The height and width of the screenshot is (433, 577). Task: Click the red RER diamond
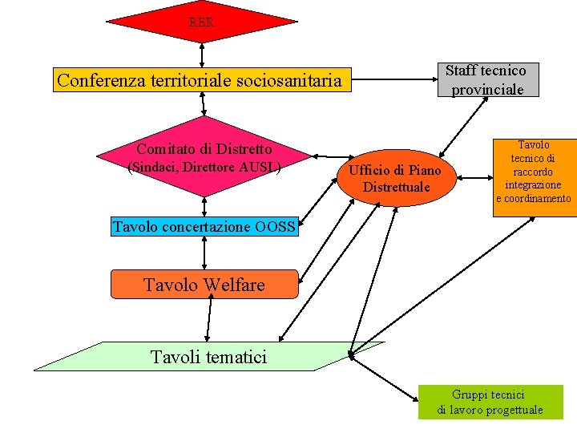click(x=201, y=22)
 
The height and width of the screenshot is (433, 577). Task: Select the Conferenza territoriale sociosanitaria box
click(x=204, y=80)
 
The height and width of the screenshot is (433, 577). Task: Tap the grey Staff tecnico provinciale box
click(x=487, y=80)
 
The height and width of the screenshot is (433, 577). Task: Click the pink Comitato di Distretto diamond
click(x=204, y=157)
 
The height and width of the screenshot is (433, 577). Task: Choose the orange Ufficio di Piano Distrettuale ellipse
click(x=396, y=178)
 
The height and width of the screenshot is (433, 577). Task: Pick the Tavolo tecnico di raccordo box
click(x=534, y=172)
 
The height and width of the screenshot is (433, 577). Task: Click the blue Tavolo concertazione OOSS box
click(x=204, y=227)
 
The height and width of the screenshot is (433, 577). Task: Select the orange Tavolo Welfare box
click(x=204, y=285)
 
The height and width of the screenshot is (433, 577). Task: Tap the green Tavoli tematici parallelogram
click(x=208, y=356)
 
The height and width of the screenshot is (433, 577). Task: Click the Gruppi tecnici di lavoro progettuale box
click(x=490, y=402)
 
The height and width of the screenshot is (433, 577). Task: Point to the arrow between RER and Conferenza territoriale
click(x=202, y=55)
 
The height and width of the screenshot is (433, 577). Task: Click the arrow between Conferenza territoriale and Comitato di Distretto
click(x=204, y=105)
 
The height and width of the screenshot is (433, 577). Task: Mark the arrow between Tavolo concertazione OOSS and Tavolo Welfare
click(x=204, y=253)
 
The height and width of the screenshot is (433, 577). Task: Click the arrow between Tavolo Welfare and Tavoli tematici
click(x=208, y=320)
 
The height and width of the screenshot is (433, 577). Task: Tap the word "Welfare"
click(x=234, y=285)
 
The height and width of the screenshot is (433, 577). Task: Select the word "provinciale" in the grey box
click(x=487, y=89)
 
